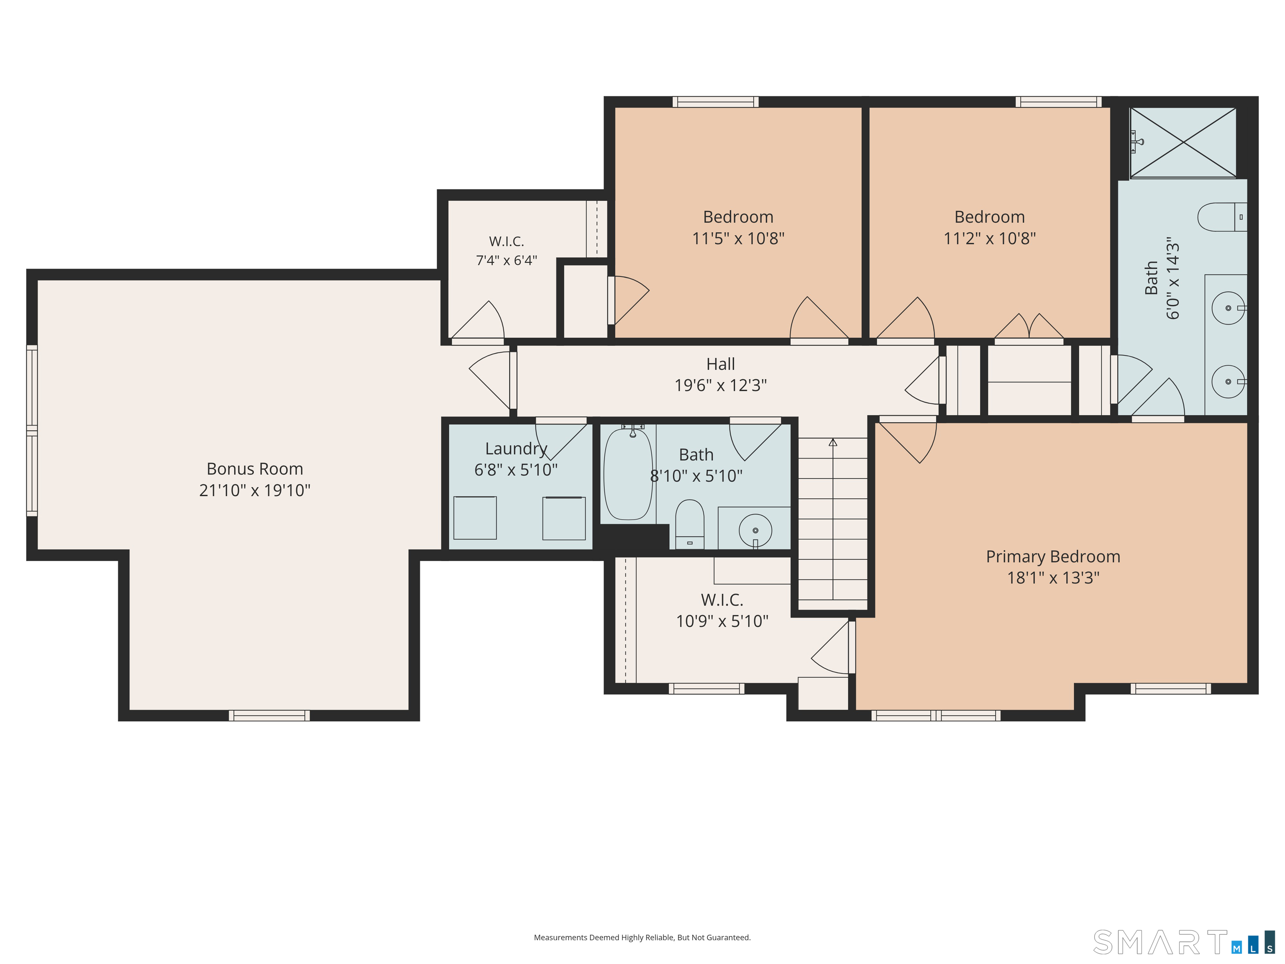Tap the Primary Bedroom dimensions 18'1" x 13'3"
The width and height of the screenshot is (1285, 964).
click(1053, 577)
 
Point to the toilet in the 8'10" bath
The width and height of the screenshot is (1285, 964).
click(689, 524)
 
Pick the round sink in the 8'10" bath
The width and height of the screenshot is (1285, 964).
click(755, 530)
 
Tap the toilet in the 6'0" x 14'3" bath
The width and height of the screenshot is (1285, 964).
click(1222, 217)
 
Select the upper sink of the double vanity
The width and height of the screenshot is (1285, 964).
click(1228, 308)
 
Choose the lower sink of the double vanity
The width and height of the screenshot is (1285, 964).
click(1228, 382)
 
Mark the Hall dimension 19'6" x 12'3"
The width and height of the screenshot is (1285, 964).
click(720, 385)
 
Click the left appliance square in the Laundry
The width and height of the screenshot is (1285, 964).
click(475, 518)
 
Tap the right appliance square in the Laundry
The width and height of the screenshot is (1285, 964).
click(563, 518)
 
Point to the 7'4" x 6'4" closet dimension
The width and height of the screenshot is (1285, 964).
click(507, 260)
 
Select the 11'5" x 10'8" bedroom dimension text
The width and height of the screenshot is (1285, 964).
click(738, 238)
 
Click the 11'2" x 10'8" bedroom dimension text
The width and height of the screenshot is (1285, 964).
click(989, 238)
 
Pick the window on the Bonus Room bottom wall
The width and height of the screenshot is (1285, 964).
click(269, 715)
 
